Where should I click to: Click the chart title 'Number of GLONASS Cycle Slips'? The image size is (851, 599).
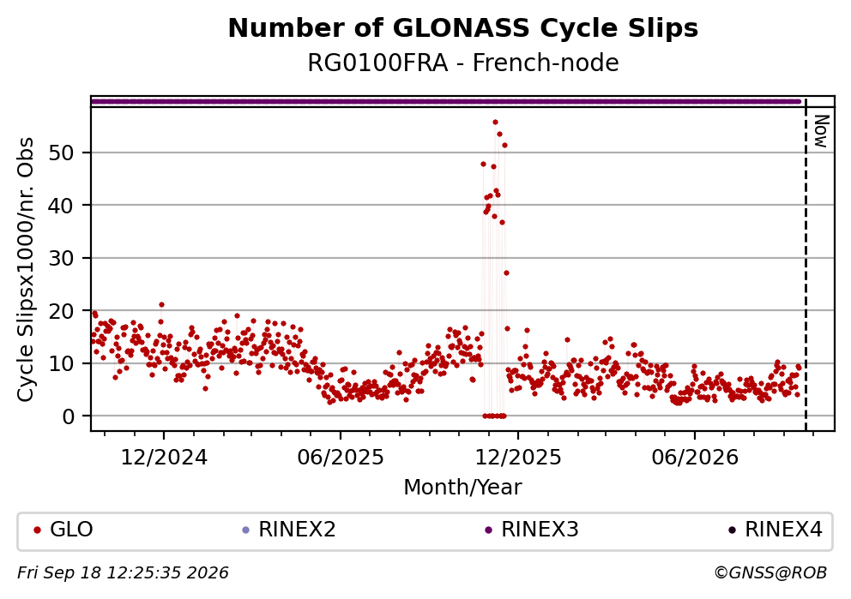[x=463, y=28]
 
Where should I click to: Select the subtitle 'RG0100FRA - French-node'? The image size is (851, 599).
[x=463, y=63]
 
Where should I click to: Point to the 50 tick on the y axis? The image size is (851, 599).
[x=61, y=153]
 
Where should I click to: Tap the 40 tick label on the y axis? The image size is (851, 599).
[x=61, y=206]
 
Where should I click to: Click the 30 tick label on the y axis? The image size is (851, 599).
[x=61, y=258]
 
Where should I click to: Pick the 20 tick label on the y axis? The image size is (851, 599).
[x=61, y=310]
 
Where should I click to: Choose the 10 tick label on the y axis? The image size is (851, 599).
[x=61, y=363]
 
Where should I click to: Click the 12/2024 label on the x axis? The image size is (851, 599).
[x=163, y=458]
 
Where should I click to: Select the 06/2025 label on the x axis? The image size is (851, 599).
[x=341, y=458]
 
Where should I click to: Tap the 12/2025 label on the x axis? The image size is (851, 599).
[x=518, y=458]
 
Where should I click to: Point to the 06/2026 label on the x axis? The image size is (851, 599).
[x=695, y=458]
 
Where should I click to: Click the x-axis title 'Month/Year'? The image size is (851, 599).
[x=462, y=488]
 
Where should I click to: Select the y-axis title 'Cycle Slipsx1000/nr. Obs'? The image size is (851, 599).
[x=26, y=269]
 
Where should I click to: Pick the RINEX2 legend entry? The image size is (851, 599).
[x=289, y=529]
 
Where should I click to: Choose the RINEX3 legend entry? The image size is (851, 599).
[x=531, y=529]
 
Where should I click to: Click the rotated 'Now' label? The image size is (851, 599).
[x=822, y=131]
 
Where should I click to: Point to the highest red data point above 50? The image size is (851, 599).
[x=495, y=123]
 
